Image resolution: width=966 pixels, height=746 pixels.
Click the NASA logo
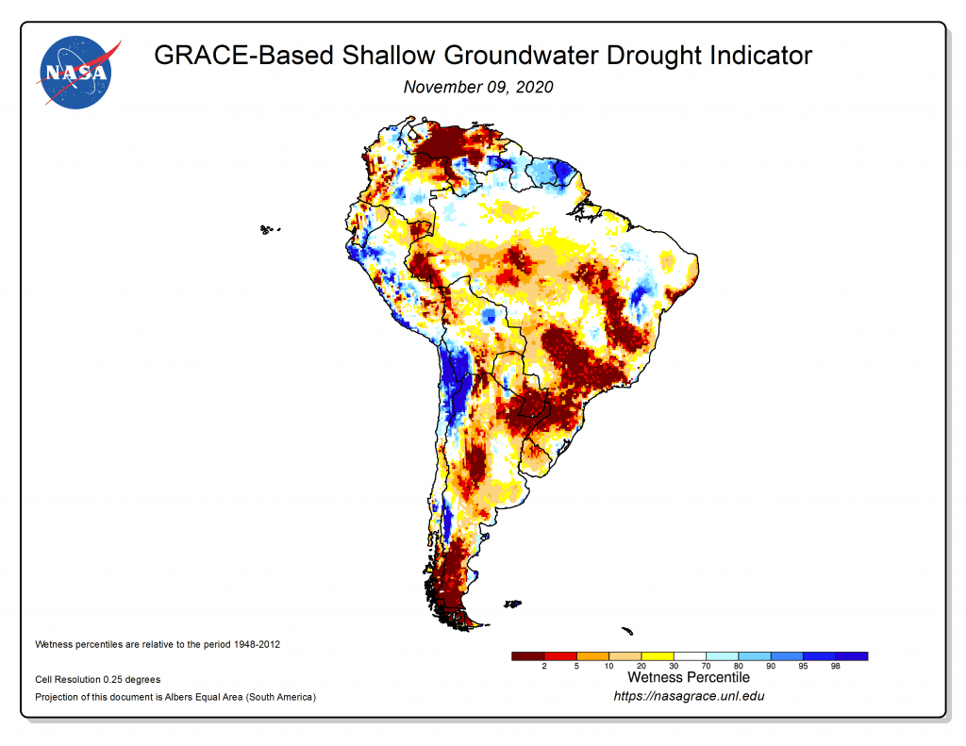[76, 73]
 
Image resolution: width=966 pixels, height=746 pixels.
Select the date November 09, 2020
[477, 87]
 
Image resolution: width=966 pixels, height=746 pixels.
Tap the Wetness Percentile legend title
[688, 677]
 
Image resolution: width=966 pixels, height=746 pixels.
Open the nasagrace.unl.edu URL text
[689, 696]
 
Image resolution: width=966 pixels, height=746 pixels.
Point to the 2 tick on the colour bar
[544, 667]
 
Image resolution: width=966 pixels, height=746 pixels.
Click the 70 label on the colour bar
[705, 667]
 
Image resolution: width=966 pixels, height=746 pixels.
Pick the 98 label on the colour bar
[834, 667]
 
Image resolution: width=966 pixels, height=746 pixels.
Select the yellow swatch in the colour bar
[657, 655]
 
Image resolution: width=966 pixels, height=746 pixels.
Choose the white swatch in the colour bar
[689, 655]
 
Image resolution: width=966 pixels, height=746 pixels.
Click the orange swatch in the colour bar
[592, 655]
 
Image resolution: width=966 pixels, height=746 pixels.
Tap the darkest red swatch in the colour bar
[527, 655]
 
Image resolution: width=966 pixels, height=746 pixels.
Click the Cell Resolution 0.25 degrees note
[97, 679]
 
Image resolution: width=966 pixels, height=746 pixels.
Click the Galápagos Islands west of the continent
[271, 228]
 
